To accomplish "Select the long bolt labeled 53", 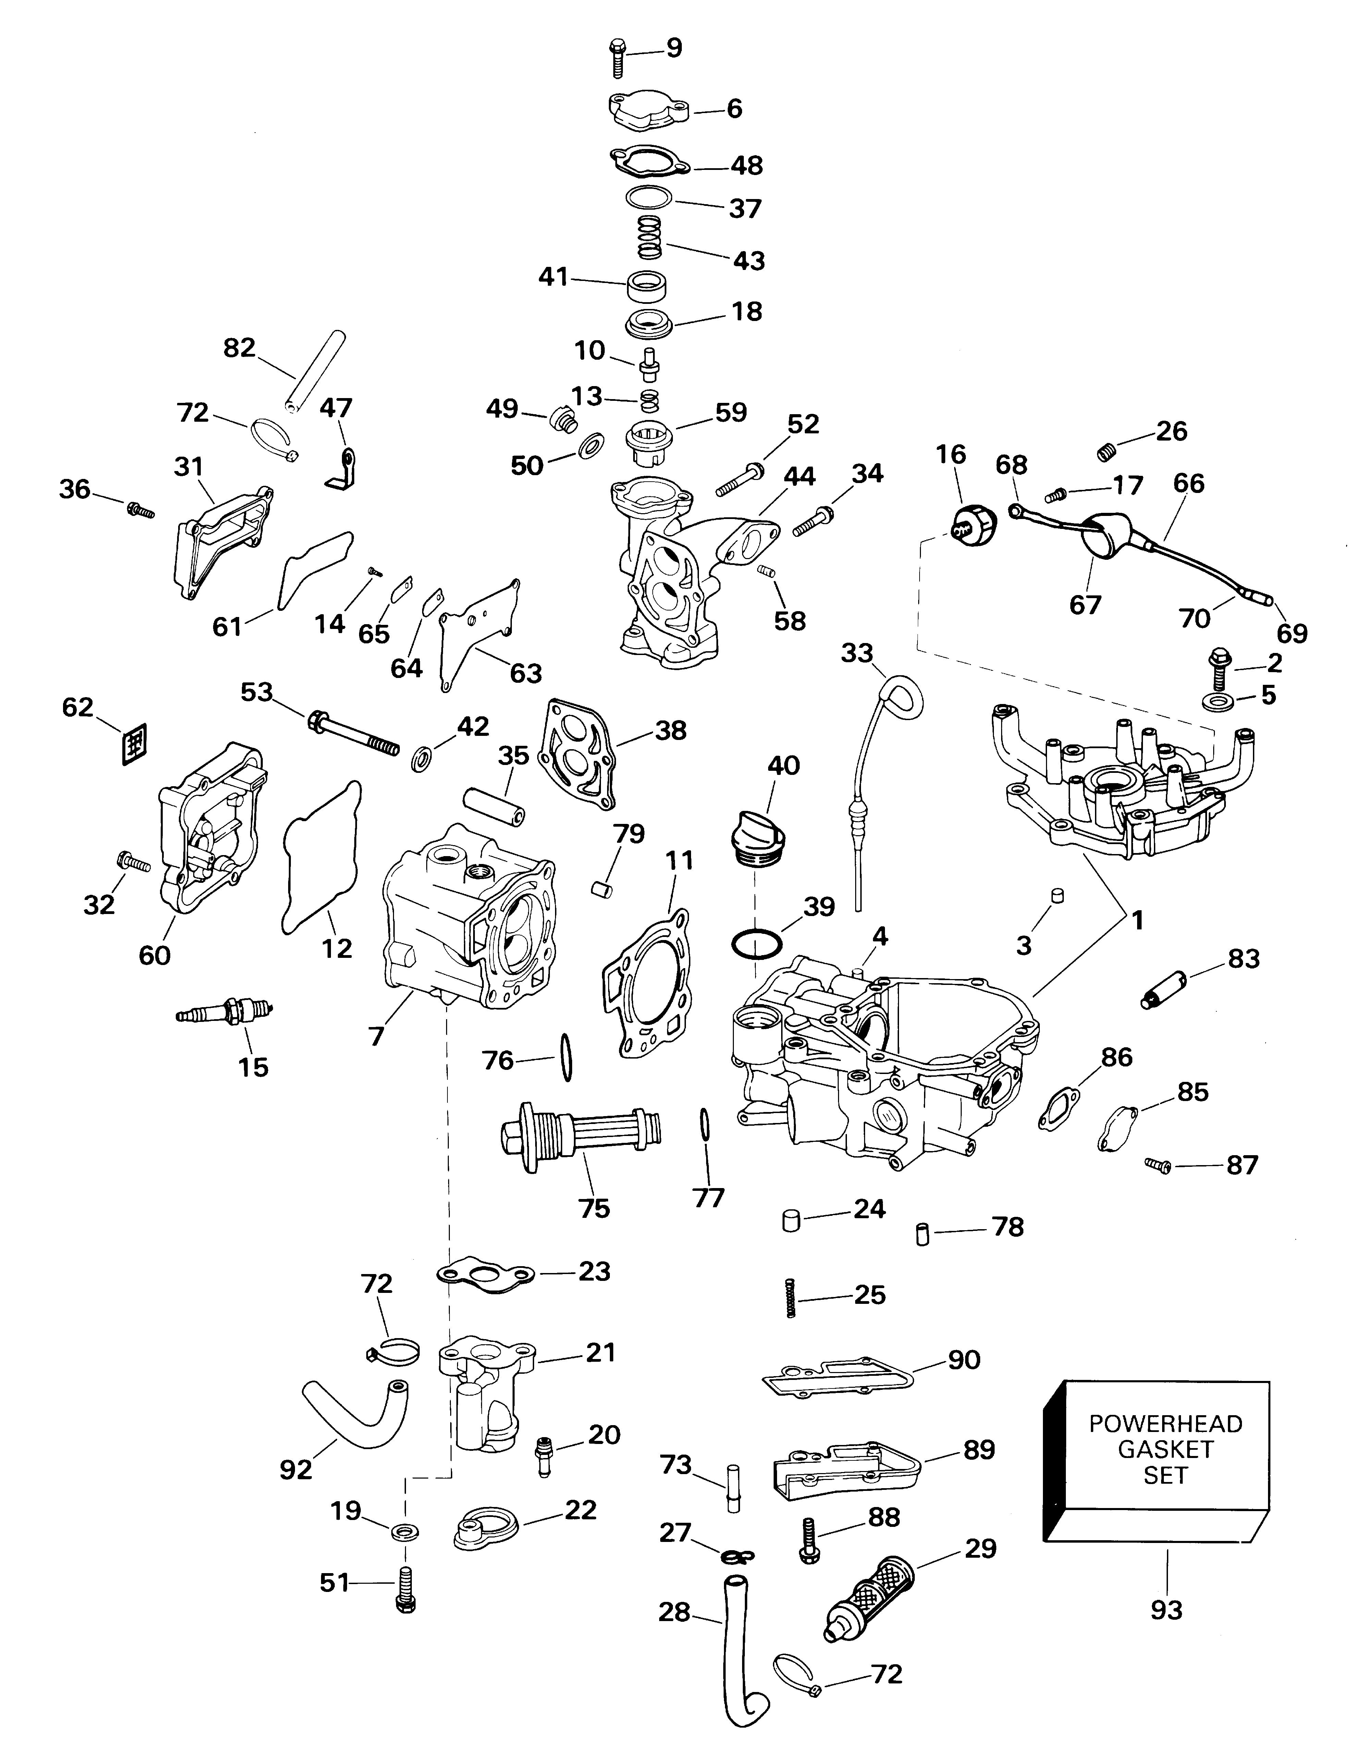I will pos(353,731).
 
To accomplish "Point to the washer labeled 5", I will pos(1219,703).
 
